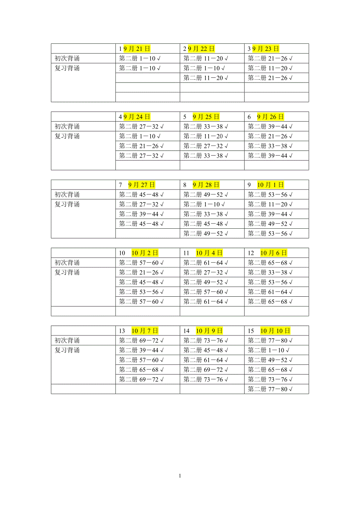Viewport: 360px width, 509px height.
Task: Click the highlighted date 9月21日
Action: (137, 49)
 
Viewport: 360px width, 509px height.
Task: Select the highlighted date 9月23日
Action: (266, 49)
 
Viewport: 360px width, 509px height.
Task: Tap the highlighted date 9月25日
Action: (206, 117)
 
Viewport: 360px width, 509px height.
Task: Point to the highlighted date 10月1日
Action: (270, 185)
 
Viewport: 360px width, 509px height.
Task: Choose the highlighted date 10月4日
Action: (209, 253)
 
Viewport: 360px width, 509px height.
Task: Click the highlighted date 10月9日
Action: (209, 331)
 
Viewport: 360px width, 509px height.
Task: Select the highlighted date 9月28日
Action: (206, 185)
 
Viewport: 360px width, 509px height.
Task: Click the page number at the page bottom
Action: (180, 476)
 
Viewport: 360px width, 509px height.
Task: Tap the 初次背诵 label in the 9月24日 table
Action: (67, 127)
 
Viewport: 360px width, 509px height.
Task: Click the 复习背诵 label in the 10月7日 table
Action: (67, 350)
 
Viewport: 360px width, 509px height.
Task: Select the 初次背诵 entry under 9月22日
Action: (206, 59)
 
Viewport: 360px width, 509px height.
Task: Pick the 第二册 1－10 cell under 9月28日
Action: (204, 204)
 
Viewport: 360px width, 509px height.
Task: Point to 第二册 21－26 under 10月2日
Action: (141, 272)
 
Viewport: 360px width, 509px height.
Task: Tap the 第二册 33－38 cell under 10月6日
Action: (270, 272)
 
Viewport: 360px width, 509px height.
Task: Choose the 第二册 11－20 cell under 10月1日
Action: (270, 204)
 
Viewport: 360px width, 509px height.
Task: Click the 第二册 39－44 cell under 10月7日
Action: (141, 350)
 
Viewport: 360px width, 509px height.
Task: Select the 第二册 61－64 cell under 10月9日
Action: (206, 360)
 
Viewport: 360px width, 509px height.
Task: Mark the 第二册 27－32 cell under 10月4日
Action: (206, 272)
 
